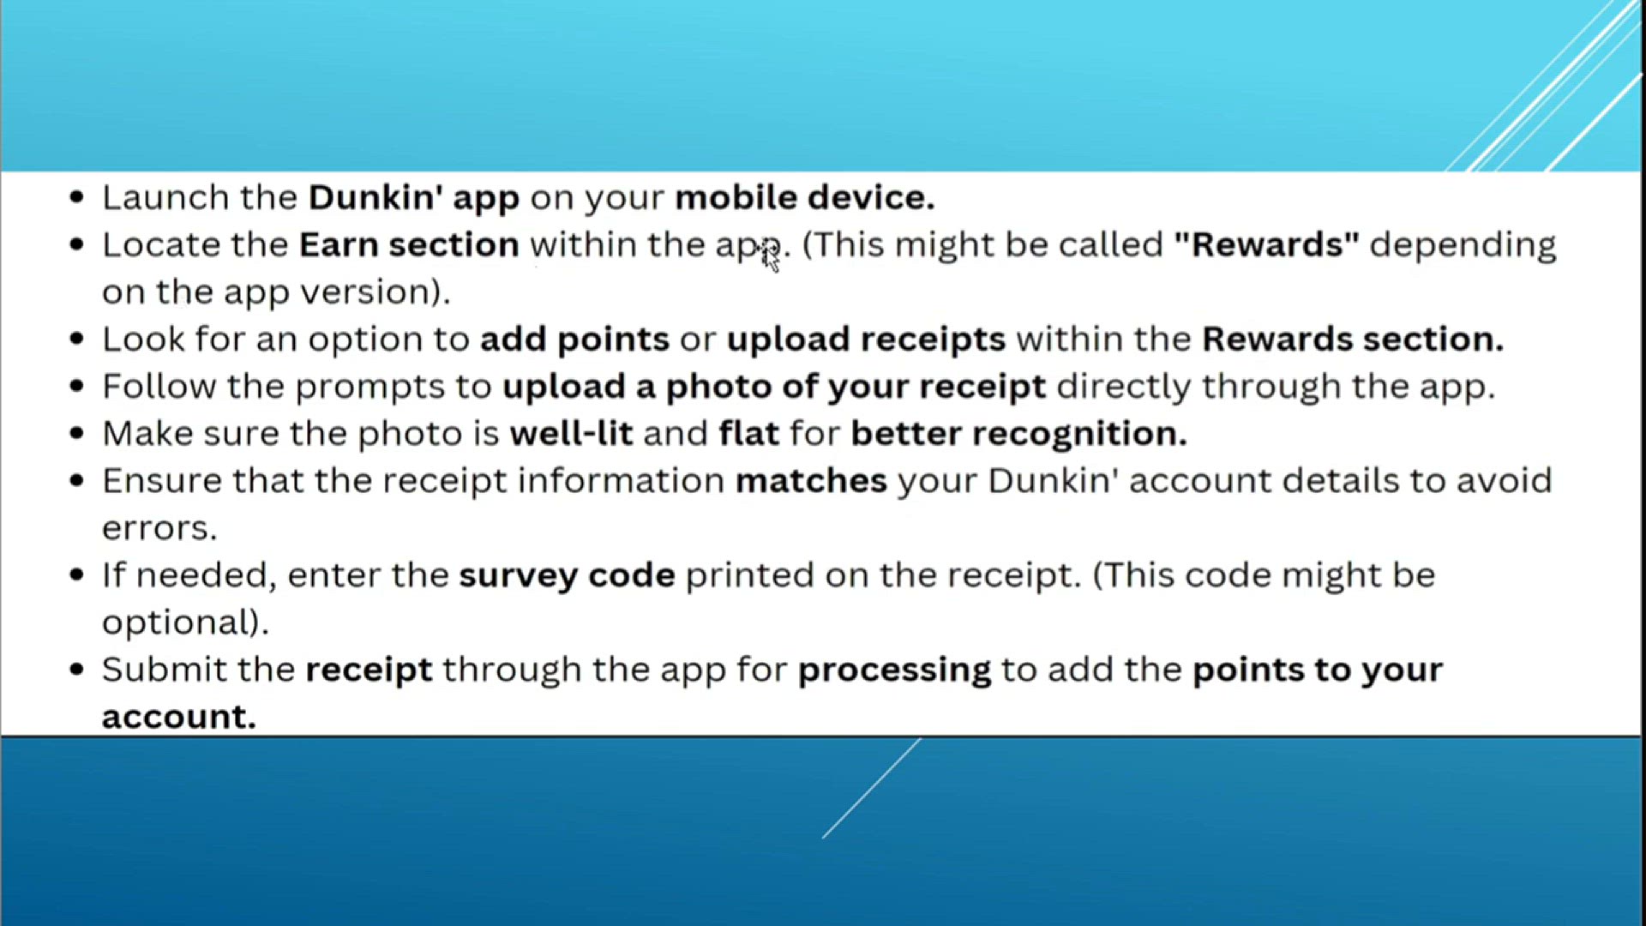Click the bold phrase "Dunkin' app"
(x=414, y=198)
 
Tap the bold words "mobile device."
(x=805, y=197)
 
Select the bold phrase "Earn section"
(x=409, y=244)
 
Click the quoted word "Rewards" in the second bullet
(x=1267, y=244)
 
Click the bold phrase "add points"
(x=574, y=340)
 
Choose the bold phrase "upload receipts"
(x=866, y=340)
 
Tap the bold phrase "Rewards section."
(x=1353, y=339)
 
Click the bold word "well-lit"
(x=571, y=433)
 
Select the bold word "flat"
(x=749, y=433)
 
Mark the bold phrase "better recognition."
(x=1018, y=434)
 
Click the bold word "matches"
(x=811, y=480)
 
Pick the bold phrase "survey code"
(x=567, y=575)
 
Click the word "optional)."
(x=185, y=622)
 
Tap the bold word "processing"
(x=894, y=670)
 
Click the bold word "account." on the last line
(x=179, y=717)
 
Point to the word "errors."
(x=159, y=528)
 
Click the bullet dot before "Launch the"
(x=77, y=198)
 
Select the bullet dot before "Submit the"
(x=77, y=670)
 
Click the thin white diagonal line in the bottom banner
(x=872, y=788)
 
